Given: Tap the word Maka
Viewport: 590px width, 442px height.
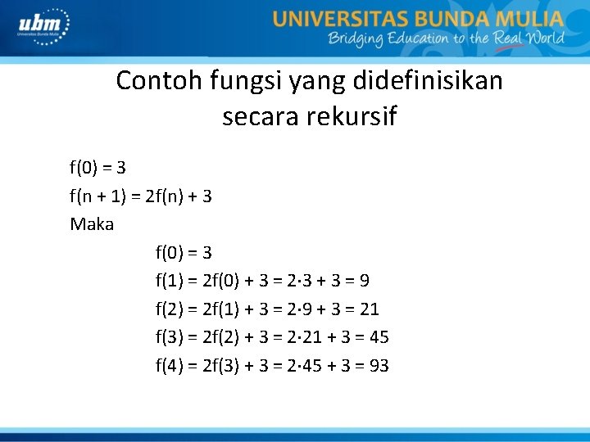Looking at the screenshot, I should tap(92, 223).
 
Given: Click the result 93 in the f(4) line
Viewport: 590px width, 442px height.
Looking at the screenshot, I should tap(379, 365).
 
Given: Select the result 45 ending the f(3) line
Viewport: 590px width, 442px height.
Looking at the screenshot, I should tap(379, 336).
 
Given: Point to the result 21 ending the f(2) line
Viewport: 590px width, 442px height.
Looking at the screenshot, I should tap(369, 309).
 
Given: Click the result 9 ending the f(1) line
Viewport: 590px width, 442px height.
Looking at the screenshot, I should tap(363, 281).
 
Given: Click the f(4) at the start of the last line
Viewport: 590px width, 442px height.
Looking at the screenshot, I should tap(170, 365).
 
